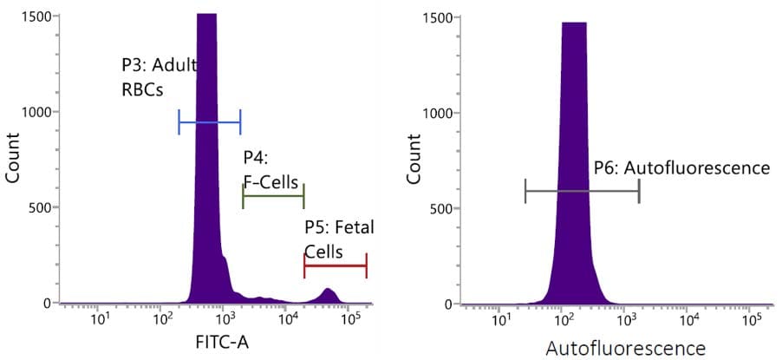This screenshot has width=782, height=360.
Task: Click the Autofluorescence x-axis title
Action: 625,349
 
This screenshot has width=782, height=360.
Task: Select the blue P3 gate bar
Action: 209,122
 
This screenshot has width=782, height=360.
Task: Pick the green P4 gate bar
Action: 273,197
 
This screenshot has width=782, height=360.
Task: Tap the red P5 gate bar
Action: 335,265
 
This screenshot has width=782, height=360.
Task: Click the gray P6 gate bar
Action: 582,191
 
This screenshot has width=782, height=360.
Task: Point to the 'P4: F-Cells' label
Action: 270,170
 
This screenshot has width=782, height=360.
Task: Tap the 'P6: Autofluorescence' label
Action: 681,168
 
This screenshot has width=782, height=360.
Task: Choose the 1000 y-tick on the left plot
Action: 40,112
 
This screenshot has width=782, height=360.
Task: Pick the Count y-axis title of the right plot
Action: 414,160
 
